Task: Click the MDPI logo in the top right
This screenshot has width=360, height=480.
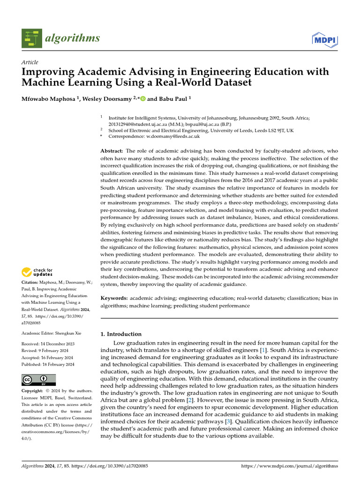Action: [324, 38]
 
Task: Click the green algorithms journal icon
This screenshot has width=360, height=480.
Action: [31, 38]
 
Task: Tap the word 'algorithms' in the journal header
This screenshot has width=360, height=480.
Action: [72, 38]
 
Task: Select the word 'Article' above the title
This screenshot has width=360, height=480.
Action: [30, 62]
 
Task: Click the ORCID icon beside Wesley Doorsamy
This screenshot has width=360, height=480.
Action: [142, 99]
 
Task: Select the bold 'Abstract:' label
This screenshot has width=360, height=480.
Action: [112, 151]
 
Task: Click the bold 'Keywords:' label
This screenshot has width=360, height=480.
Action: [114, 298]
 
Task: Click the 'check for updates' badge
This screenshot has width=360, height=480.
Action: [37, 271]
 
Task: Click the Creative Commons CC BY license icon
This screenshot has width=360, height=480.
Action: [38, 380]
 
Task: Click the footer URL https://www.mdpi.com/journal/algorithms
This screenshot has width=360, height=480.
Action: [289, 466]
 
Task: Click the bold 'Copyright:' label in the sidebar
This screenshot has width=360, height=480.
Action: [34, 391]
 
